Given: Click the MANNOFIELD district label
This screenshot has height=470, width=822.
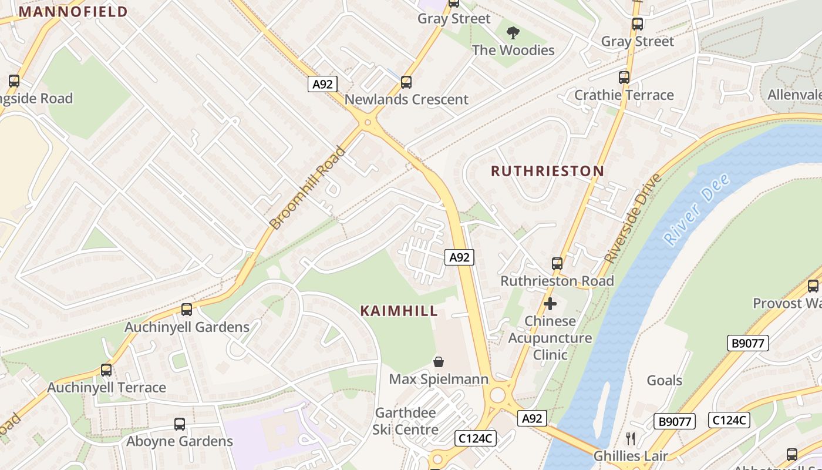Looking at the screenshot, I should point(73,12).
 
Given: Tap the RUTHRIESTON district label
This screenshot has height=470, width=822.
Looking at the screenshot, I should point(547,171).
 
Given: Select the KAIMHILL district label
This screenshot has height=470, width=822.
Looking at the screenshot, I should point(399,311).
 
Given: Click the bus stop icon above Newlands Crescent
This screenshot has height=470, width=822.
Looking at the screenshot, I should point(406,82).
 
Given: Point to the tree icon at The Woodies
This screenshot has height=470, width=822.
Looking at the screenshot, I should point(513,33).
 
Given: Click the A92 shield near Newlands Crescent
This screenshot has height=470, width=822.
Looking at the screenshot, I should point(322,84).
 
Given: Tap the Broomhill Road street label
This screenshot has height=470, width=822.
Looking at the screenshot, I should point(308,188).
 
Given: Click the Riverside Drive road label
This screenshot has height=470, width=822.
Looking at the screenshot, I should point(634,218).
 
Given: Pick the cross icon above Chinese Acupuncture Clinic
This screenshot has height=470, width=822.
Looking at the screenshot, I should point(550,304).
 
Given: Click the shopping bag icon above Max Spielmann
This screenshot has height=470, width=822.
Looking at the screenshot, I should point(438,361).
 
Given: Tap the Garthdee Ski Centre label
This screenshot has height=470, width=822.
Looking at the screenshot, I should point(405,421).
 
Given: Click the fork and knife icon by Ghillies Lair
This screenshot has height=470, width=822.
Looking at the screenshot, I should point(631,438).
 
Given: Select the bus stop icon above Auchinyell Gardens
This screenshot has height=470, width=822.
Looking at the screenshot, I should point(187,309).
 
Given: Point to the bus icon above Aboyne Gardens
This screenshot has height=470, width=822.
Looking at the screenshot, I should point(180,424).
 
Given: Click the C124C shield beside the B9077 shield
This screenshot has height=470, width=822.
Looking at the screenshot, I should point(729,420).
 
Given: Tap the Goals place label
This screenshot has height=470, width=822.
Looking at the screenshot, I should point(664,381).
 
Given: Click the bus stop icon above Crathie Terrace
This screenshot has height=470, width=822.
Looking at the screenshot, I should point(624,78).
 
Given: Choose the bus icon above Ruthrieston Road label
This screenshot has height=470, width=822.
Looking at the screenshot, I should point(557,264).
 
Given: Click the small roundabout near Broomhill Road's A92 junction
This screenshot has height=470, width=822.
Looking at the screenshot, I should point(368,123).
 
